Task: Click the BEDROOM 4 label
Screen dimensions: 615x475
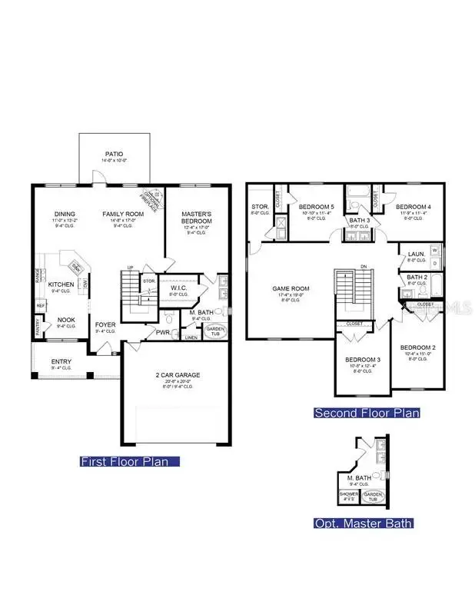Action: click(x=413, y=208)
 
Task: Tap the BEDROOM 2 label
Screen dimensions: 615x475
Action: click(x=418, y=347)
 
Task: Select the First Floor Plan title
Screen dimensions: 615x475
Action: click(x=129, y=461)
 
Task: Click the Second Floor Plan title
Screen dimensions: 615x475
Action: click(x=367, y=413)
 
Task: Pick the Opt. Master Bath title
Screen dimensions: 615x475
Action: click(x=363, y=524)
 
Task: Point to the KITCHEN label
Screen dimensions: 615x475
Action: click(x=61, y=284)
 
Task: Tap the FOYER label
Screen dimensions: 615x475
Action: click(x=105, y=324)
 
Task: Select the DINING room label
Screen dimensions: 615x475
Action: click(x=63, y=214)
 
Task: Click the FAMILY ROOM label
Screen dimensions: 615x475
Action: click(x=124, y=214)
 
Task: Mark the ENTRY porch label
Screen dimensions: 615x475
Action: click(x=61, y=361)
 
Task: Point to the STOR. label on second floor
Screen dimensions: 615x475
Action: click(x=259, y=207)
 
